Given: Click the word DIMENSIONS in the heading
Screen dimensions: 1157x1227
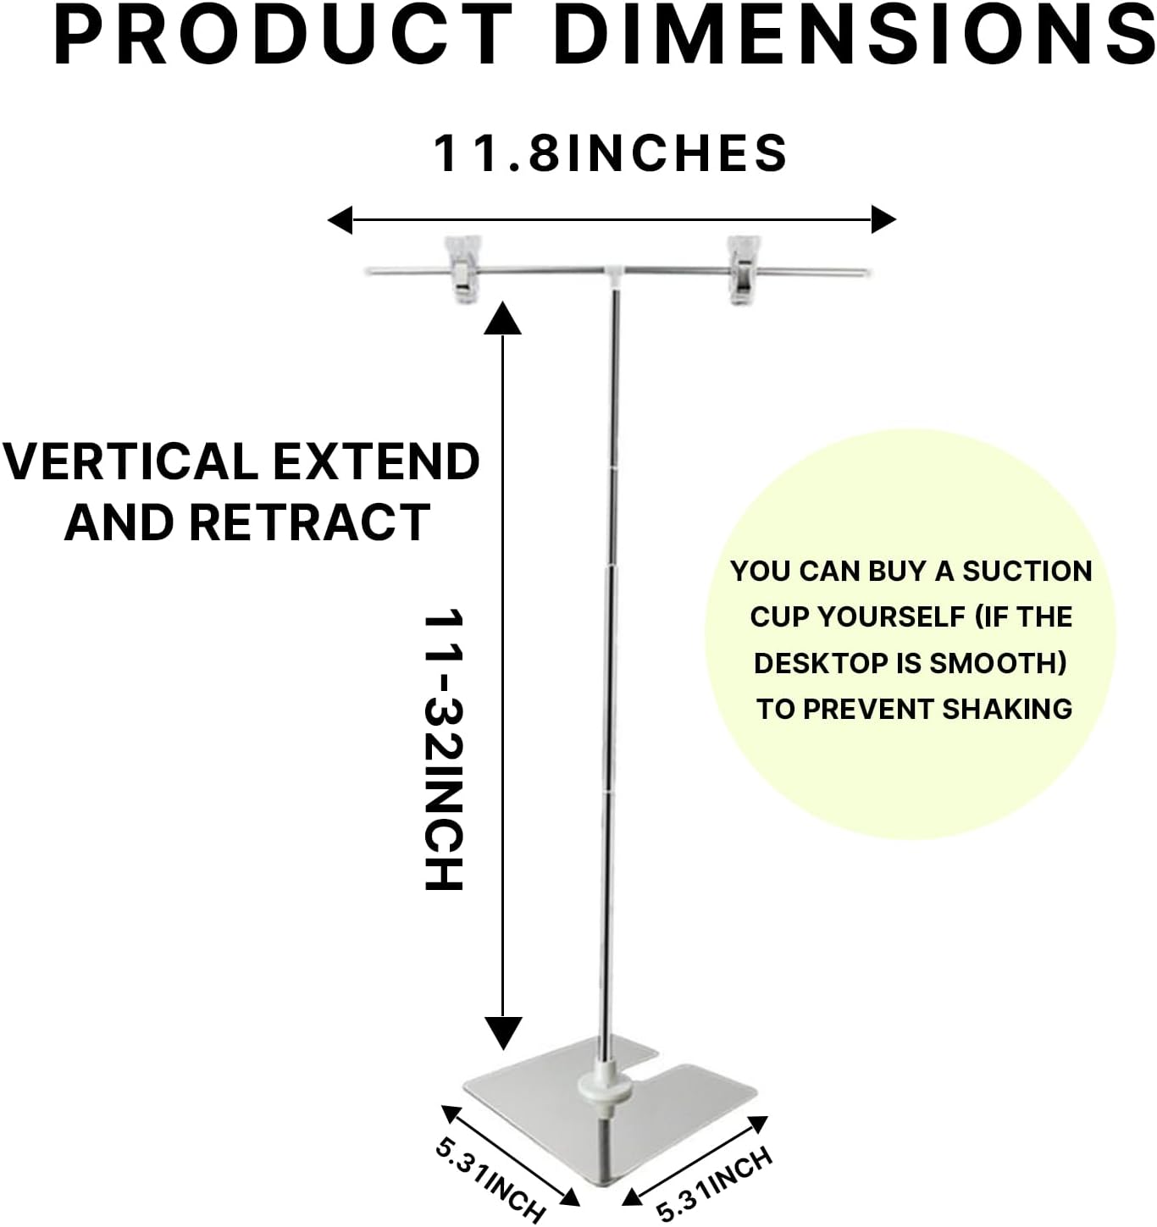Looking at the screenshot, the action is click(x=855, y=34).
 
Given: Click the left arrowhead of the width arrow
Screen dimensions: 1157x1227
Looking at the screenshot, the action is click(x=340, y=220).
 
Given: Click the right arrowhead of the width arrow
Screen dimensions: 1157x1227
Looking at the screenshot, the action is click(x=883, y=220).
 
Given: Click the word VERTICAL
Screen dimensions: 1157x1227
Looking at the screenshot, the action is click(x=130, y=462).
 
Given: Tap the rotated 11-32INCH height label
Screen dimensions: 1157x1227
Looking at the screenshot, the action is click(x=444, y=749).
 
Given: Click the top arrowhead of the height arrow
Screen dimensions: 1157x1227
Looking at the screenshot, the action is click(x=502, y=318).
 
